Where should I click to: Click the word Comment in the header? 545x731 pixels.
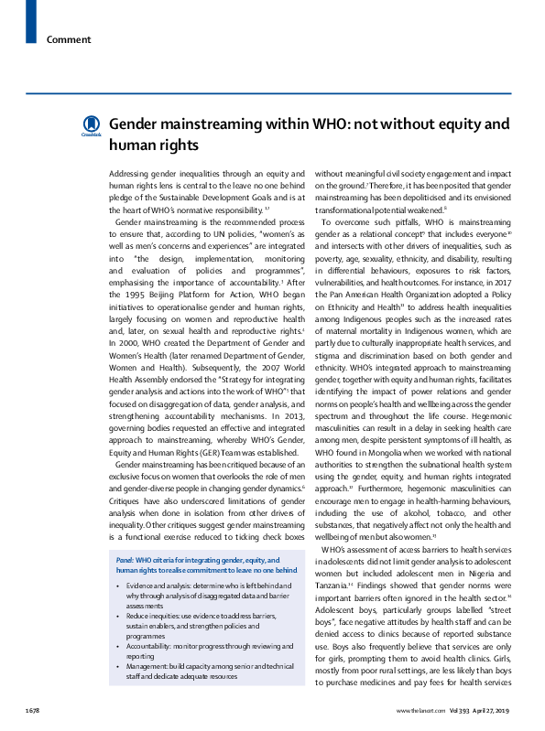(x=69, y=39)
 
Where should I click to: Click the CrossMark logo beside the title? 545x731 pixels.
(x=91, y=125)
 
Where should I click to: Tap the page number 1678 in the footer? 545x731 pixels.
(x=33, y=710)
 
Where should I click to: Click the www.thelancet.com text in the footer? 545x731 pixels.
(x=420, y=710)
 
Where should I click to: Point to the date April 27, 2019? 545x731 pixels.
(x=496, y=710)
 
